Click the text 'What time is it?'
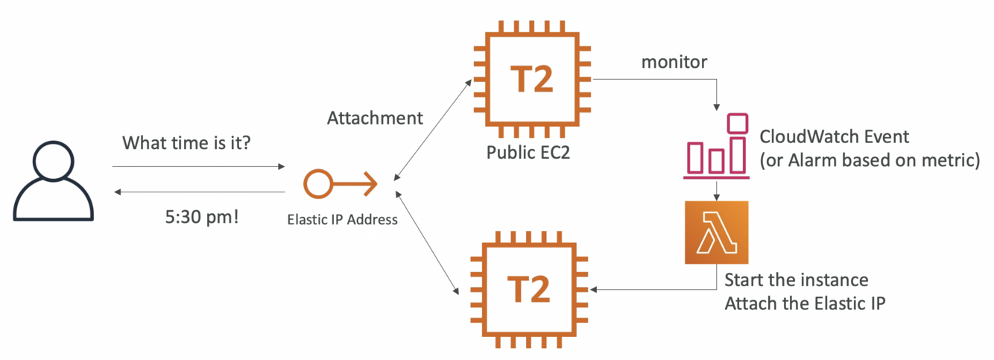coord(186,142)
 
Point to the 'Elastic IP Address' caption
coord(342,220)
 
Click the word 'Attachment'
coord(375,118)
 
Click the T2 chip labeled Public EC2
coord(531,79)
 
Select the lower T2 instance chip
coord(531,289)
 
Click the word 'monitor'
coord(675,62)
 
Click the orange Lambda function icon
coord(716,233)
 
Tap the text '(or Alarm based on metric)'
coord(869,160)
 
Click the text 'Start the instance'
coord(797,281)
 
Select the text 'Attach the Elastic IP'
coord(805,304)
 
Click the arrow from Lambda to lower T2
coord(656,289)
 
